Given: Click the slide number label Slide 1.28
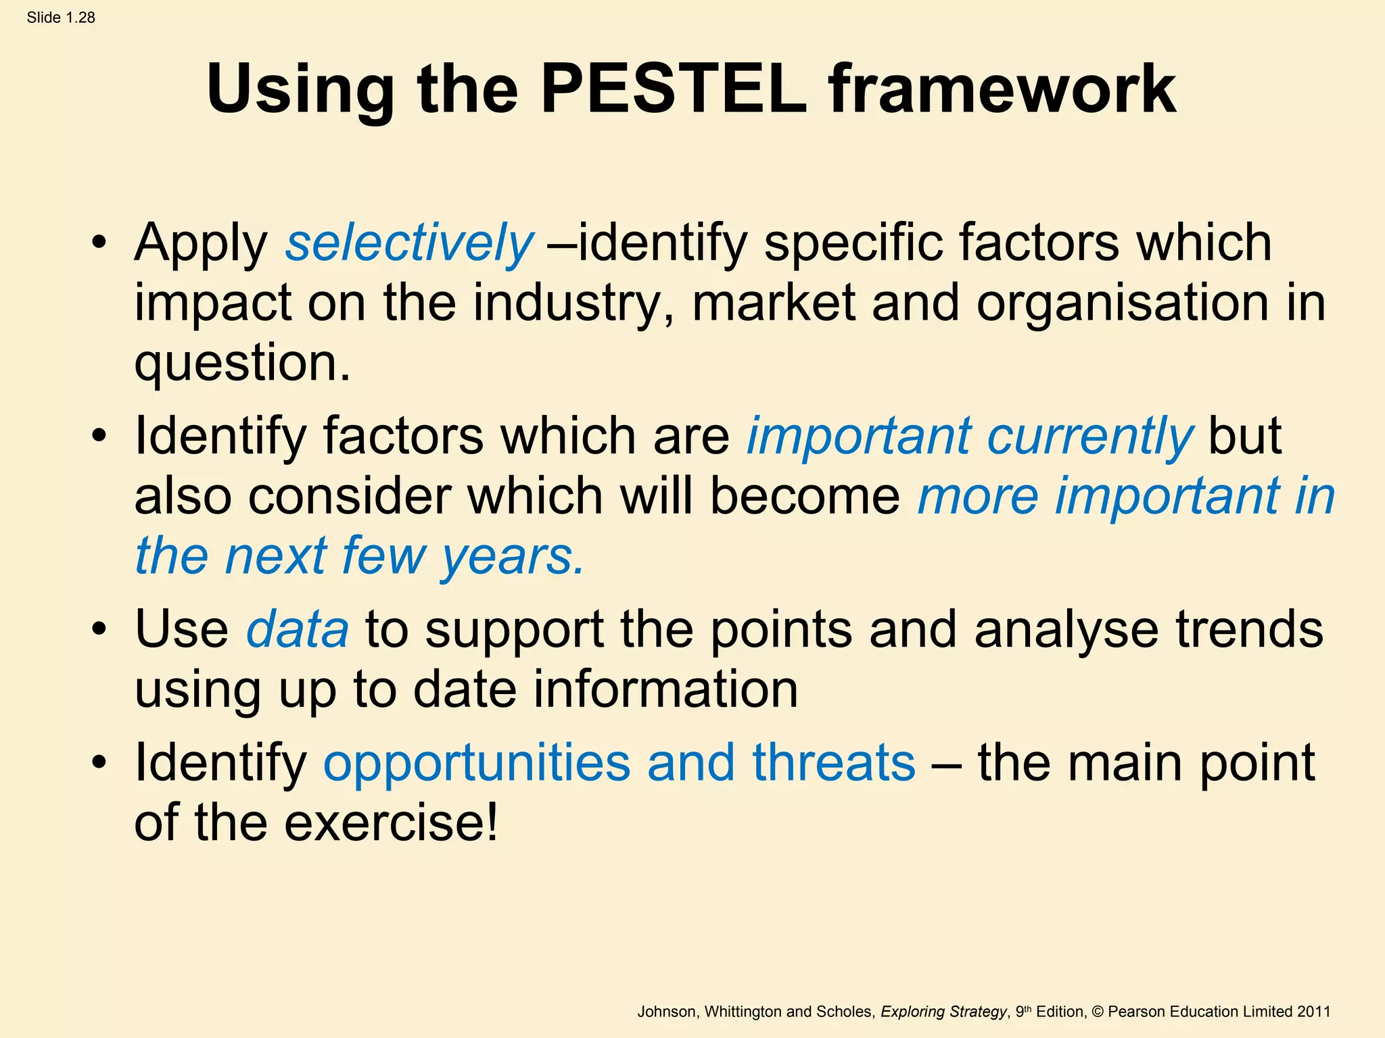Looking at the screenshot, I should [x=61, y=18].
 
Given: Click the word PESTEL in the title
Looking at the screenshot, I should [x=673, y=89].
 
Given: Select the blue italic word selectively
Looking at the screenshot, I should [x=409, y=243].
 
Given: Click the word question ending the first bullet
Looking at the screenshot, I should [x=242, y=363].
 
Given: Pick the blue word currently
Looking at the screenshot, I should [x=1090, y=436].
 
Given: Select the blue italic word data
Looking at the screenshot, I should [x=298, y=629].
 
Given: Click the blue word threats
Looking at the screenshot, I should [x=834, y=762].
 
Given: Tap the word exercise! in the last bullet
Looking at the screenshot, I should [x=391, y=822].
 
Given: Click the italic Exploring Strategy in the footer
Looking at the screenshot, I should [x=943, y=1012].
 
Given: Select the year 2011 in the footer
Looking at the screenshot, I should [x=1313, y=1012].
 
